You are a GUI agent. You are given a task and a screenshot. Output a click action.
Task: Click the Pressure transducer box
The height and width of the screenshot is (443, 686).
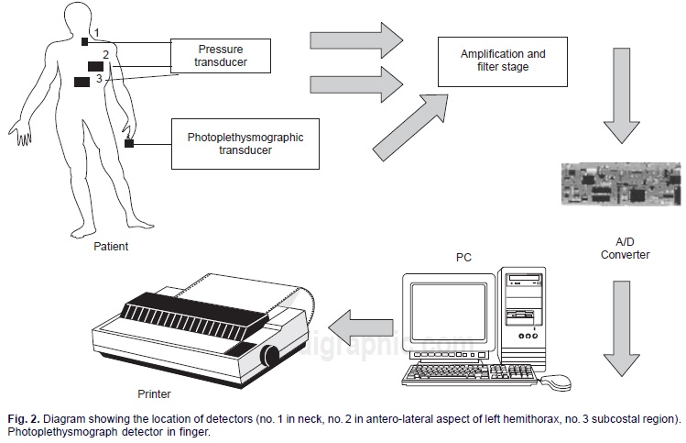[222, 56]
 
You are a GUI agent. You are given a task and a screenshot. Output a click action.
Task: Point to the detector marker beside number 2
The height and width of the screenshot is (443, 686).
[95, 66]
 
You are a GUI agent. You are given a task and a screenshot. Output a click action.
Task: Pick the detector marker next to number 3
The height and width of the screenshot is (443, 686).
[83, 82]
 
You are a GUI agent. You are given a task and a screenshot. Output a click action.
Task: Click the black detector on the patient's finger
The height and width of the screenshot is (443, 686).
[129, 142]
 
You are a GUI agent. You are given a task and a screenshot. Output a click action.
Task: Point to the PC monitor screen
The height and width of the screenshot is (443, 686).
[447, 311]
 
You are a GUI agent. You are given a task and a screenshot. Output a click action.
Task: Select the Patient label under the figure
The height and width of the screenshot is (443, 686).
[112, 247]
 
